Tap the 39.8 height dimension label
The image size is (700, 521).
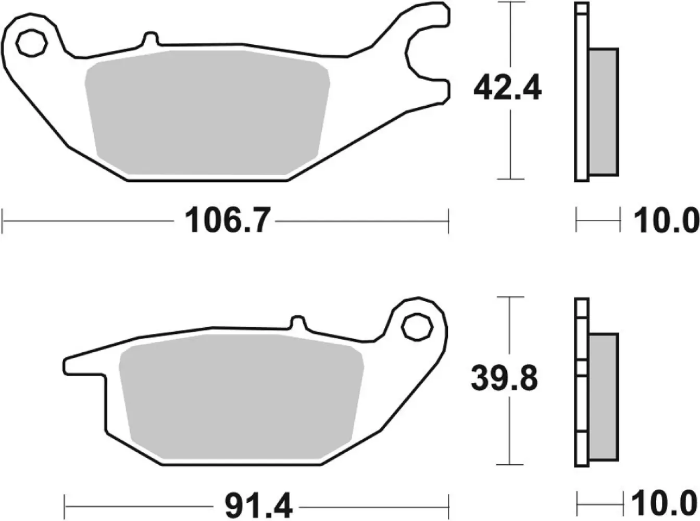click(504, 380)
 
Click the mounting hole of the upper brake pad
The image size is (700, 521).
click(31, 42)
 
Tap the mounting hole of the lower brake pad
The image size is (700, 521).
click(416, 327)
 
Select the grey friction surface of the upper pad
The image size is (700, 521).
click(207, 112)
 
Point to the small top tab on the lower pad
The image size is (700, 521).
click(298, 322)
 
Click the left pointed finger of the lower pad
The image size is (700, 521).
click(83, 365)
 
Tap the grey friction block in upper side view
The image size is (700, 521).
click(604, 112)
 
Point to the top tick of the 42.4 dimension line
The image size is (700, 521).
click(510, 3)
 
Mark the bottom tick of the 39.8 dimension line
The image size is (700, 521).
click(509, 464)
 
